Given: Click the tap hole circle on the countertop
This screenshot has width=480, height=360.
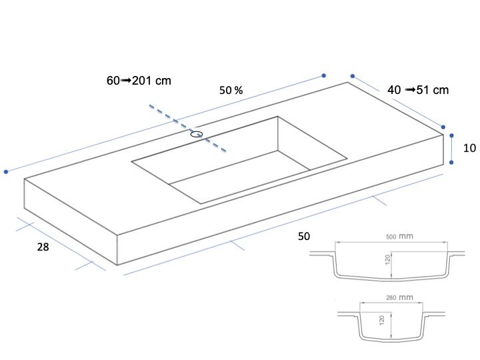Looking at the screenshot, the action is pyautogui.click(x=197, y=134).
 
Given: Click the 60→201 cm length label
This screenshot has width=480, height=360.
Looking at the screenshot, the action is pyautogui.click(x=139, y=81).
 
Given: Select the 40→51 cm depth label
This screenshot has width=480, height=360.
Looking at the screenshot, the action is pyautogui.click(x=418, y=90).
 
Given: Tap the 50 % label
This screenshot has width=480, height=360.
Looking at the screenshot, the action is pyautogui.click(x=231, y=90).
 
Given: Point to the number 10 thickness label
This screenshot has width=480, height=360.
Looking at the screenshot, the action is pyautogui.click(x=469, y=148).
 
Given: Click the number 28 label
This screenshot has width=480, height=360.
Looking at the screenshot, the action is pyautogui.click(x=43, y=247).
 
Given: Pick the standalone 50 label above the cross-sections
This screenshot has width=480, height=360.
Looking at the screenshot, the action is pyautogui.click(x=304, y=236).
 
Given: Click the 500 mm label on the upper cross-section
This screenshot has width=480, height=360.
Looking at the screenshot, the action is pyautogui.click(x=399, y=236).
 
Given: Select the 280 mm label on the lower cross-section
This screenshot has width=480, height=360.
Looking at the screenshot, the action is pyautogui.click(x=399, y=297).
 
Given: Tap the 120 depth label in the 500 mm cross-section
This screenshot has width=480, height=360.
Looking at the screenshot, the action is pyautogui.click(x=388, y=259).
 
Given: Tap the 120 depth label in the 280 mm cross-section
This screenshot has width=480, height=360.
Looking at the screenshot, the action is pyautogui.click(x=382, y=320).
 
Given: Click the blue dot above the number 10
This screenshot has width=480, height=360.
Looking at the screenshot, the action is pyautogui.click(x=451, y=135).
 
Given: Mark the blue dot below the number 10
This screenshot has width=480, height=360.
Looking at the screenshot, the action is pyautogui.click(x=451, y=162).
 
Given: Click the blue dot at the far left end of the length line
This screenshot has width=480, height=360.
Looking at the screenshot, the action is pyautogui.click(x=6, y=172).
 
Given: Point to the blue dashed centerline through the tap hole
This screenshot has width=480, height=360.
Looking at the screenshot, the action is pyautogui.click(x=187, y=128).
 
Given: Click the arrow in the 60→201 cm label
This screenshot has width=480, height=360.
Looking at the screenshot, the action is pyautogui.click(x=126, y=81).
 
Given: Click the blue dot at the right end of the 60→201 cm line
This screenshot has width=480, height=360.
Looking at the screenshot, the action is pyautogui.click(x=323, y=75).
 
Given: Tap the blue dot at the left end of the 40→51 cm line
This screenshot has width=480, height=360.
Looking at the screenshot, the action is pyautogui.click(x=353, y=76).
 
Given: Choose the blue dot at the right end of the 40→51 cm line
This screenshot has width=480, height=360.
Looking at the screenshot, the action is pyautogui.click(x=443, y=127).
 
